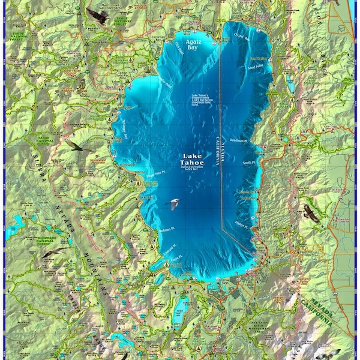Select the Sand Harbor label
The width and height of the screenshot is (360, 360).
[259, 59]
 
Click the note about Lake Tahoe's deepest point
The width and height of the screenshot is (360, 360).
[203, 100]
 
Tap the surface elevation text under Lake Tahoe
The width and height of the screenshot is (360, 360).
[193, 169]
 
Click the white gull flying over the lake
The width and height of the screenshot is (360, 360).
[173, 204]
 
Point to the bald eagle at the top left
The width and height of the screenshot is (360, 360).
[98, 16]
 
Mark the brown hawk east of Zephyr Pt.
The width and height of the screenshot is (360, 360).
[311, 213]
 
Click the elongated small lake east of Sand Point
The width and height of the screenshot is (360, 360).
[290, 85]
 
